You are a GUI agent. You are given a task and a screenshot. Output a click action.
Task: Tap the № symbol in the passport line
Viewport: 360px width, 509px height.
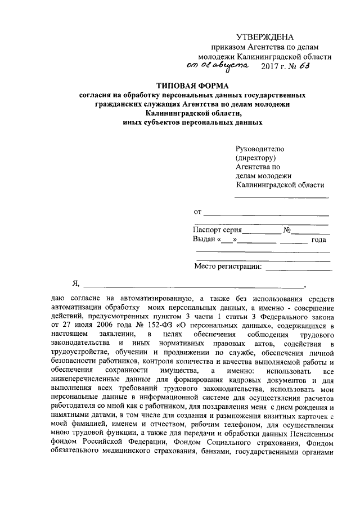click(x=287, y=230)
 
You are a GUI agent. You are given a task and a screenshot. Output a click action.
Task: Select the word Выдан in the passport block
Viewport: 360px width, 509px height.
click(x=204, y=240)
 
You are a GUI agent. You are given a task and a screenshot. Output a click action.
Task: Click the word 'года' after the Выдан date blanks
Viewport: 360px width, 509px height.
click(x=319, y=240)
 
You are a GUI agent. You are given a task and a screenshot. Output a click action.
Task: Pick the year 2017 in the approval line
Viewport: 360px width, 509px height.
click(x=272, y=66)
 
